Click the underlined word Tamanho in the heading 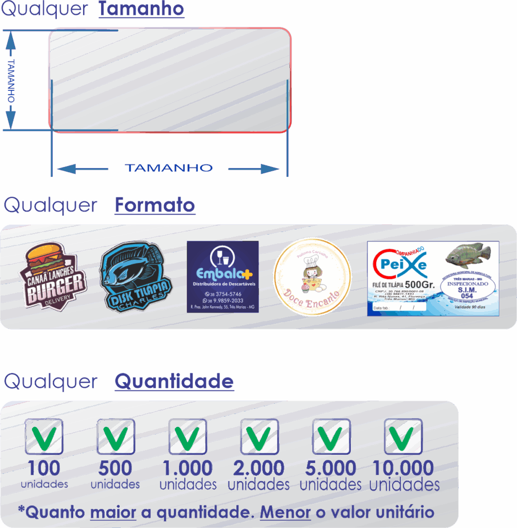click(141, 9)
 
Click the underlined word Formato click(155, 205)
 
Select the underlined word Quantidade click(174, 382)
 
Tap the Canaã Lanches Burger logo click(53, 276)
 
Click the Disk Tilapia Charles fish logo click(135, 277)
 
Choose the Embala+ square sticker click(222, 276)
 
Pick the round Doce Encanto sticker click(312, 276)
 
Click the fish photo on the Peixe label click(467, 255)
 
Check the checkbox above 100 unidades click(44, 436)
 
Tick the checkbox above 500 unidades click(116, 436)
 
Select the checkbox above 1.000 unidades click(187, 436)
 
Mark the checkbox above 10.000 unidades click(403, 436)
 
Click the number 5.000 click(331, 468)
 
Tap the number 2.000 click(258, 468)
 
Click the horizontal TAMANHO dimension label click(169, 168)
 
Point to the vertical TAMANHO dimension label click(11, 80)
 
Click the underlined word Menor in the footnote click(285, 513)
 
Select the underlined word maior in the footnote click(113, 513)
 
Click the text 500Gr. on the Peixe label click(419, 285)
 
